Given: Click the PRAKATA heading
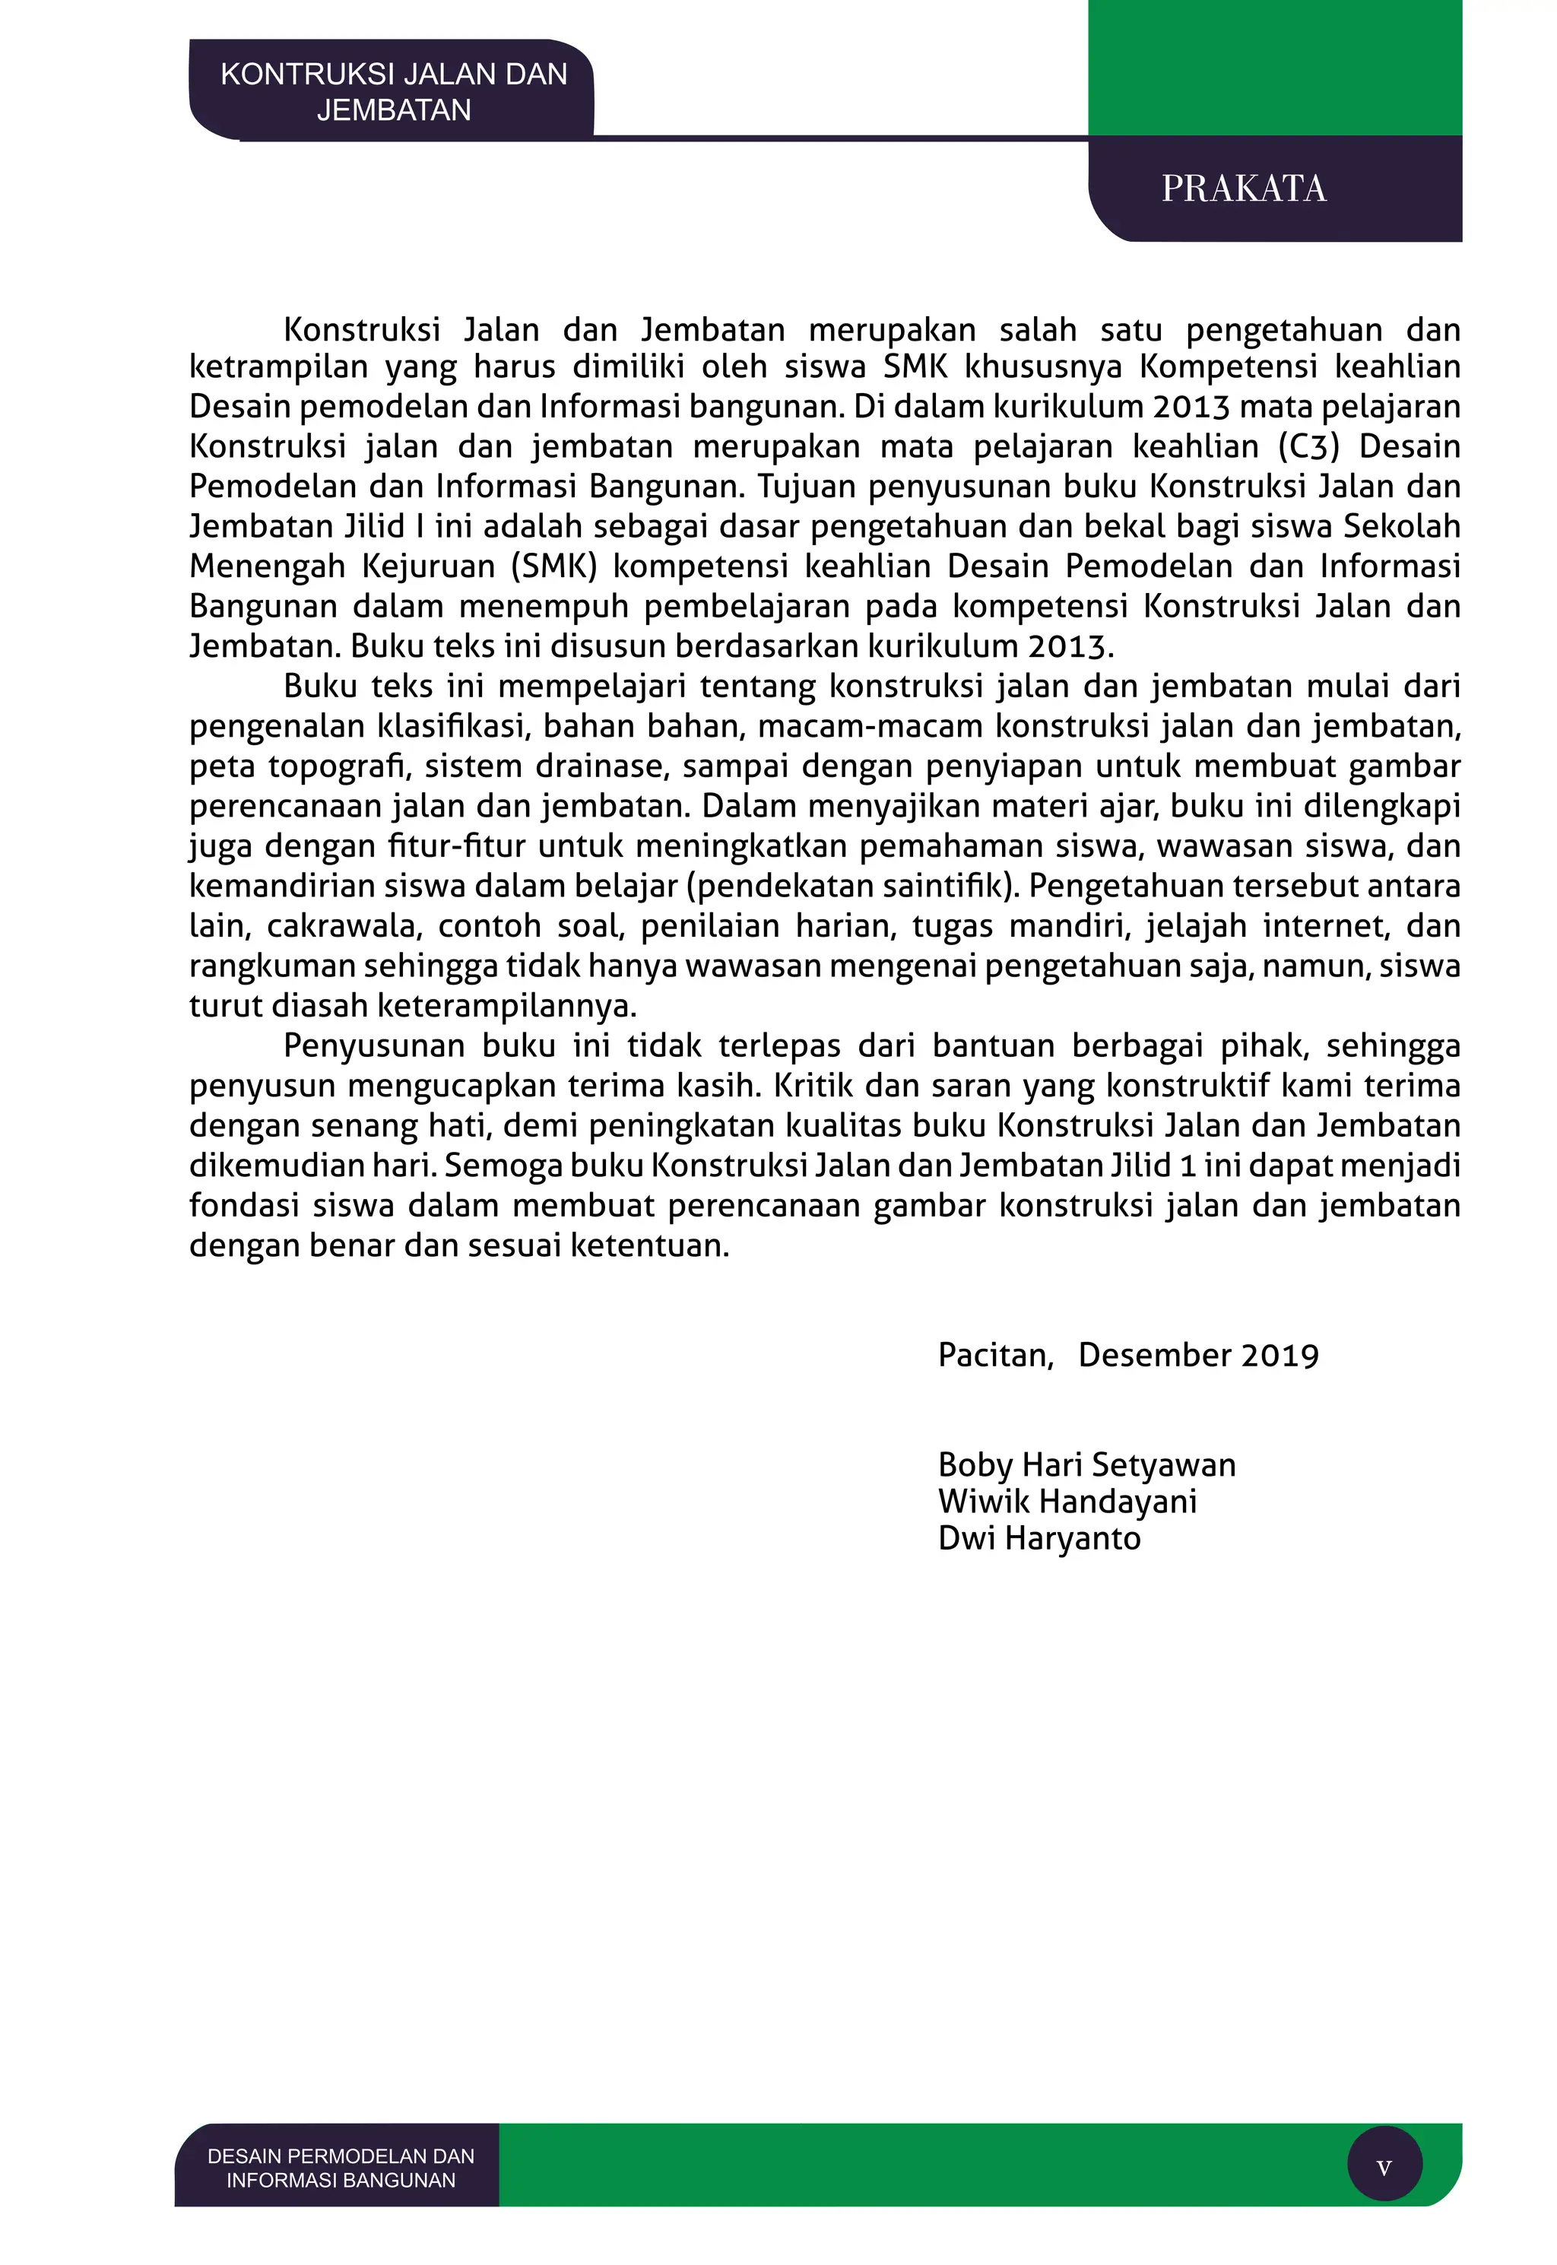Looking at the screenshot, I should point(1243,189).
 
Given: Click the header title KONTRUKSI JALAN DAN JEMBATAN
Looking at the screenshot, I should point(393,92).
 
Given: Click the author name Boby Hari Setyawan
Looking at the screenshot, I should point(1086,1464).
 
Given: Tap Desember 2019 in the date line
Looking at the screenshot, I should point(1198,1355).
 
